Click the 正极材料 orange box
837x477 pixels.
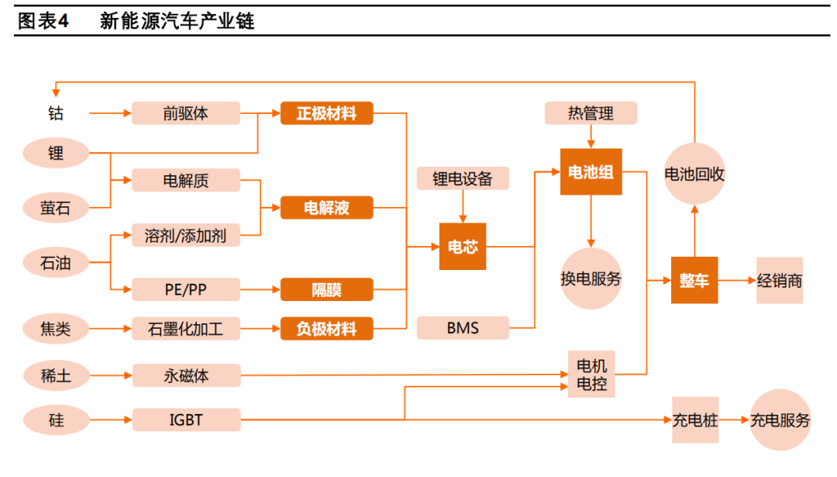click(x=326, y=113)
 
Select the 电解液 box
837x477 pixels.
click(x=326, y=208)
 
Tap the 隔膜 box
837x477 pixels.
click(x=326, y=290)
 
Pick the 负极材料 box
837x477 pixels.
click(x=326, y=329)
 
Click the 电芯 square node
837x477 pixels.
click(x=463, y=247)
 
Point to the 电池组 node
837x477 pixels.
click(x=591, y=171)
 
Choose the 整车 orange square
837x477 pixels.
click(x=694, y=280)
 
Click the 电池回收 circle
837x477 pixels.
click(x=694, y=174)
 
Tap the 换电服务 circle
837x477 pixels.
click(x=591, y=278)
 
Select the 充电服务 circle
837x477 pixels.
click(x=780, y=420)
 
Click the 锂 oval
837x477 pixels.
click(x=56, y=153)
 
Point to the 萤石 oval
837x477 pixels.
click(x=56, y=207)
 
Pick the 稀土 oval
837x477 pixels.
click(x=56, y=376)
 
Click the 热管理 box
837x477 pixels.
click(x=591, y=113)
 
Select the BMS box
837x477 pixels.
click(x=463, y=328)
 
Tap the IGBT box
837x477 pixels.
click(x=186, y=420)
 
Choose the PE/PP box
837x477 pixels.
click(x=186, y=290)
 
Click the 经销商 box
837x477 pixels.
click(x=779, y=280)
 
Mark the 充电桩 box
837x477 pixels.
click(x=694, y=420)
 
